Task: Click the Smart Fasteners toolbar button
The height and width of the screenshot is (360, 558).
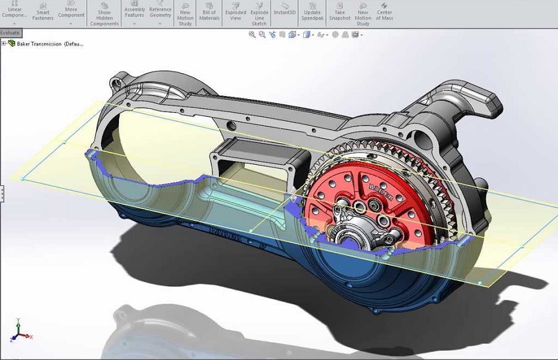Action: click(x=43, y=11)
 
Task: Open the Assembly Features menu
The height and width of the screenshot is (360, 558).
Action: click(x=135, y=11)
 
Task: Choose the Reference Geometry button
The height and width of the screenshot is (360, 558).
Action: click(x=160, y=11)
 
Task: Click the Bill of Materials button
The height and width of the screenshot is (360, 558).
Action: click(x=210, y=11)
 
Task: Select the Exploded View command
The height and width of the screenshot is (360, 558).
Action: click(x=236, y=11)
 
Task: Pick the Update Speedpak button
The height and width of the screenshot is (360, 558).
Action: click(x=312, y=11)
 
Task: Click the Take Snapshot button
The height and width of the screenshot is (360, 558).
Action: click(x=340, y=11)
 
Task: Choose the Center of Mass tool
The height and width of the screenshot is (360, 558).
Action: click(x=384, y=11)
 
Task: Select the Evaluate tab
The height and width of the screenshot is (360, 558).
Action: click(x=10, y=33)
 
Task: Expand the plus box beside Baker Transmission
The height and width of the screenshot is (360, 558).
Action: click(x=4, y=43)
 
